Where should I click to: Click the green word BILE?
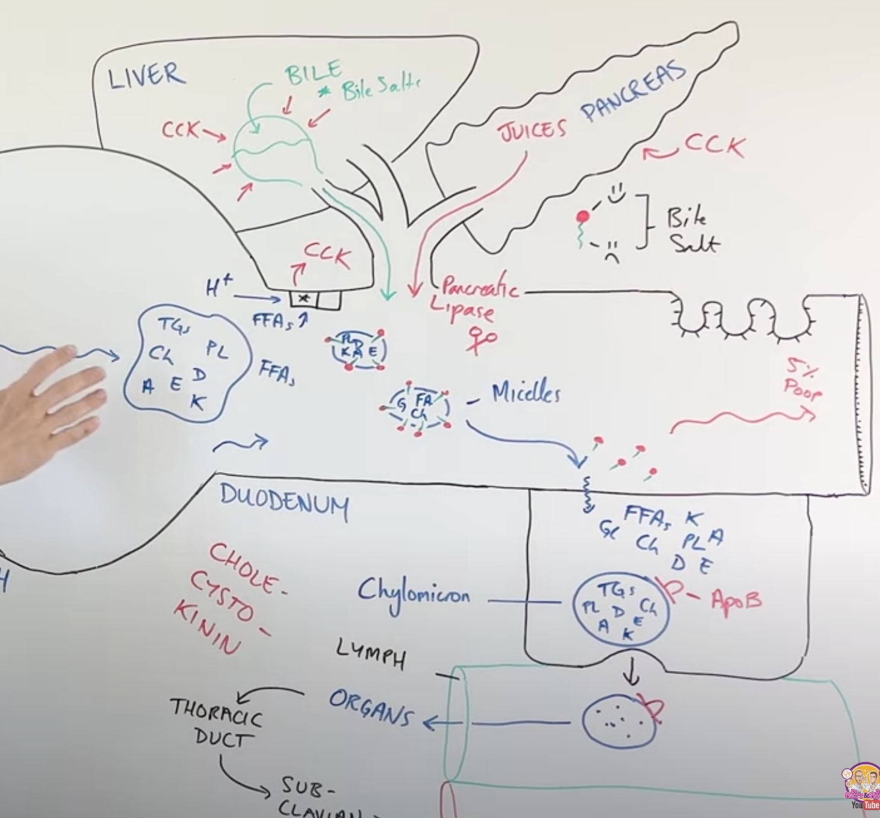coord(313,73)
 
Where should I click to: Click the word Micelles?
coord(525,394)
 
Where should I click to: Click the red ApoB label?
coord(736,600)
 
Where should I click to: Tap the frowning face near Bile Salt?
coord(612,249)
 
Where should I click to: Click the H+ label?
coord(218,289)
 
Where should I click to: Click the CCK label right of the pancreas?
coord(714,146)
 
